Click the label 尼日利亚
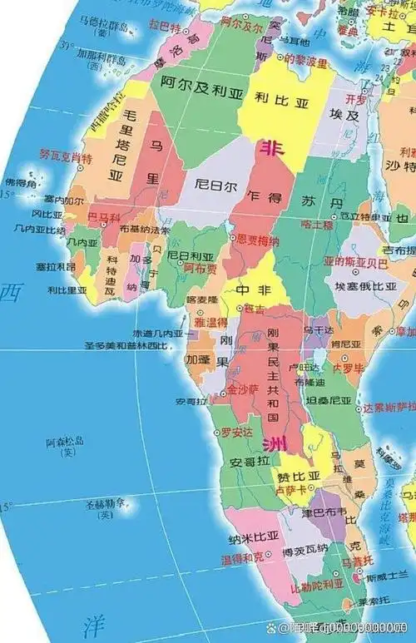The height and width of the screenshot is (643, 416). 189,255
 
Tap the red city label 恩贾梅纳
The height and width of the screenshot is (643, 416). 259,240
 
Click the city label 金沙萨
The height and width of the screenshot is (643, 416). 243,388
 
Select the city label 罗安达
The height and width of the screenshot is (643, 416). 235,433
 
